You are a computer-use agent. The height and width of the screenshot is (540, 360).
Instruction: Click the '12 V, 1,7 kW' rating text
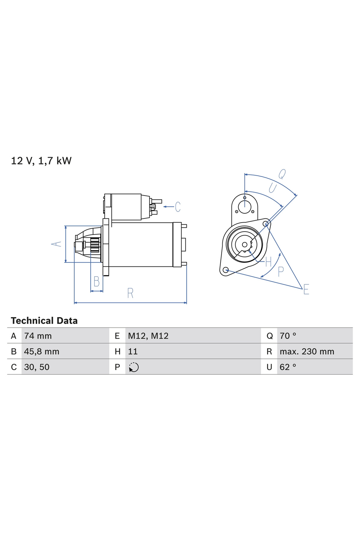[41, 161]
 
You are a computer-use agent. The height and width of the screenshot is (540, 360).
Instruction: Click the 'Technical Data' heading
[44, 321]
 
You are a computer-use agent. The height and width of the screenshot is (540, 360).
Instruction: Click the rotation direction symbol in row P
[133, 367]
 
